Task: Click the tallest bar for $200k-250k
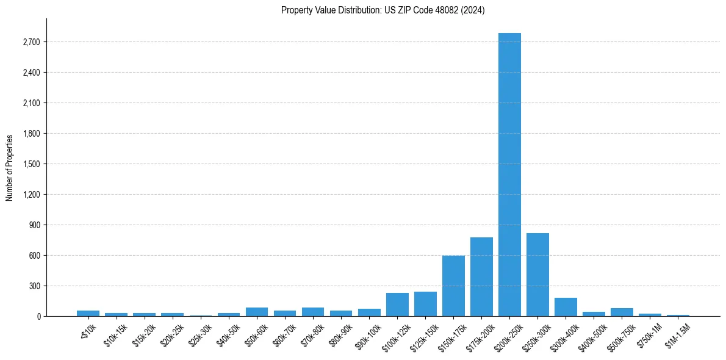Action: click(x=509, y=175)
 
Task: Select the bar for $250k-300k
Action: click(x=537, y=275)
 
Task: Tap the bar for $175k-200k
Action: click(x=481, y=276)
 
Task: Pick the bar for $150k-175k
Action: click(x=453, y=286)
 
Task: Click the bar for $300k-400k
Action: click(x=566, y=307)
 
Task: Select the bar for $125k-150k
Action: click(x=425, y=304)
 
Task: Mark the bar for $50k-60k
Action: click(x=257, y=312)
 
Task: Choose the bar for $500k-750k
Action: click(x=622, y=312)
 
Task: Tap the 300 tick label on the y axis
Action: click(x=33, y=286)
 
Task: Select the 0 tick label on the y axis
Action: click(x=38, y=317)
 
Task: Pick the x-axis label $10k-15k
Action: click(x=115, y=333)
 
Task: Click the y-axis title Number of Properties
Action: click(x=10, y=168)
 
